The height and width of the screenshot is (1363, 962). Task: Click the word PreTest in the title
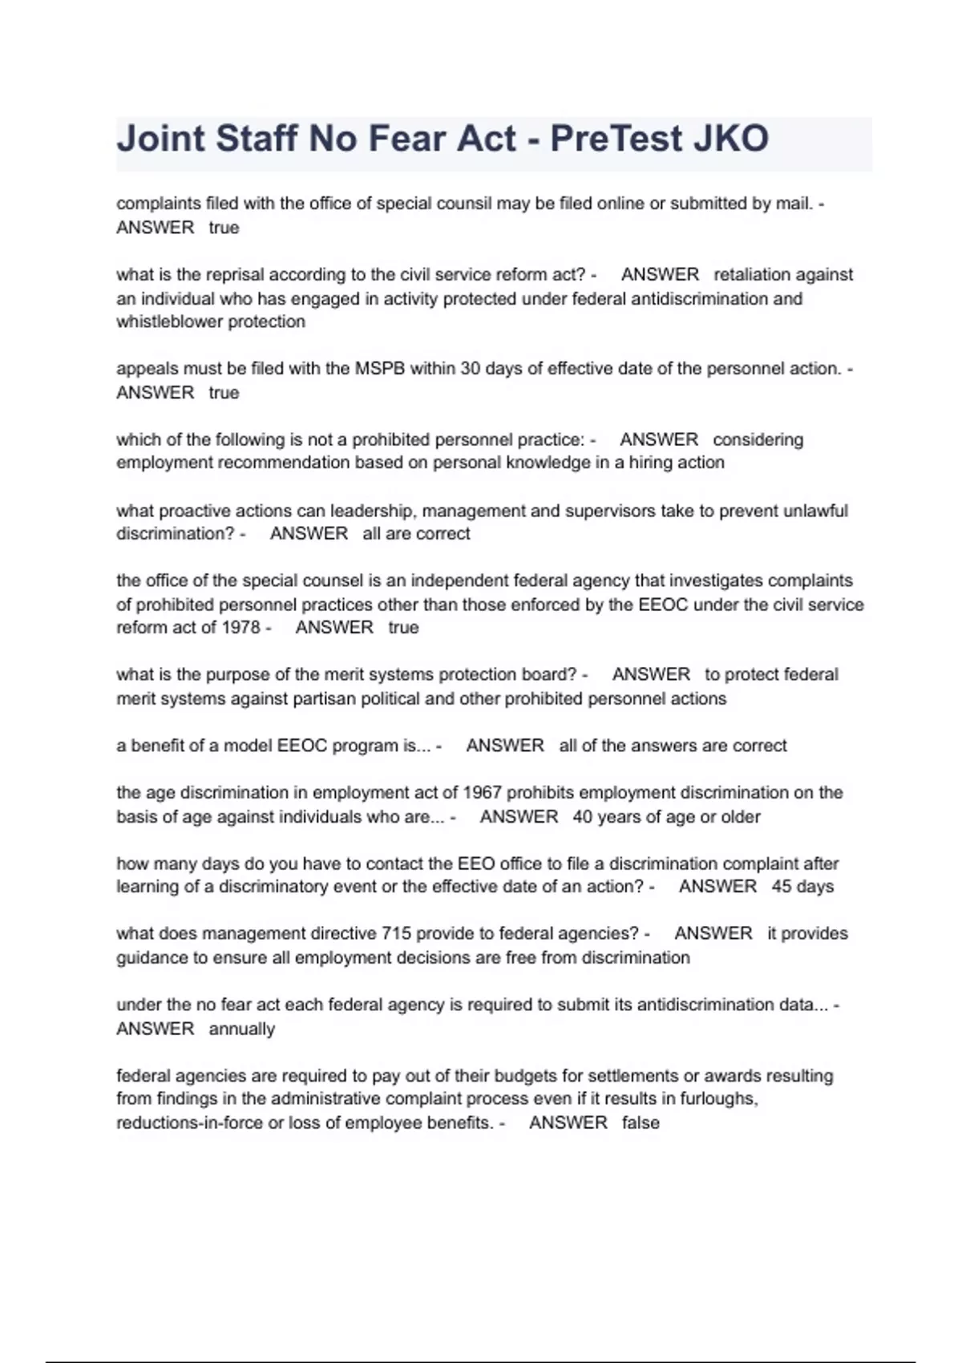point(615,140)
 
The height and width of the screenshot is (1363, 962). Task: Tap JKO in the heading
point(730,140)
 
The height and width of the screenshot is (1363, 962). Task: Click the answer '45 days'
point(802,887)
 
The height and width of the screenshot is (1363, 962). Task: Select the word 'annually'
point(241,1029)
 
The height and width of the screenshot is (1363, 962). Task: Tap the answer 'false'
point(641,1122)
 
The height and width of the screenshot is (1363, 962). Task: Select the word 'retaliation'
point(754,275)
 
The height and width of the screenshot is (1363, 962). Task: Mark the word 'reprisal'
point(235,275)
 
